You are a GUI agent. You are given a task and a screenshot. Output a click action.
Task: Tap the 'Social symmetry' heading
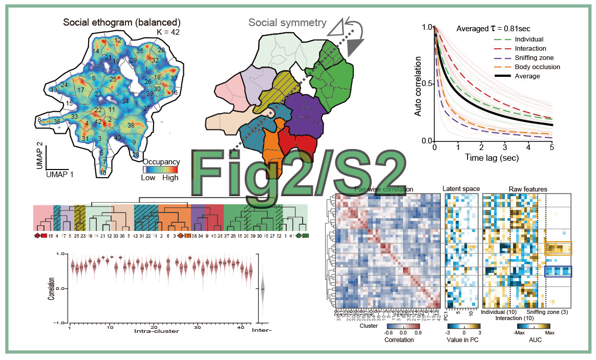[287, 23]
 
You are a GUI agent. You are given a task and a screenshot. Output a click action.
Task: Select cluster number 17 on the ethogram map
[80, 90]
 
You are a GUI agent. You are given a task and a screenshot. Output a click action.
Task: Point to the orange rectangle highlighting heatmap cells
[558, 248]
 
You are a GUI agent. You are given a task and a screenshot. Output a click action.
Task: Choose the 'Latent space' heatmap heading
[461, 189]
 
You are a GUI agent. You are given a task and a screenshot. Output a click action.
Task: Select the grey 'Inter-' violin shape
[262, 289]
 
